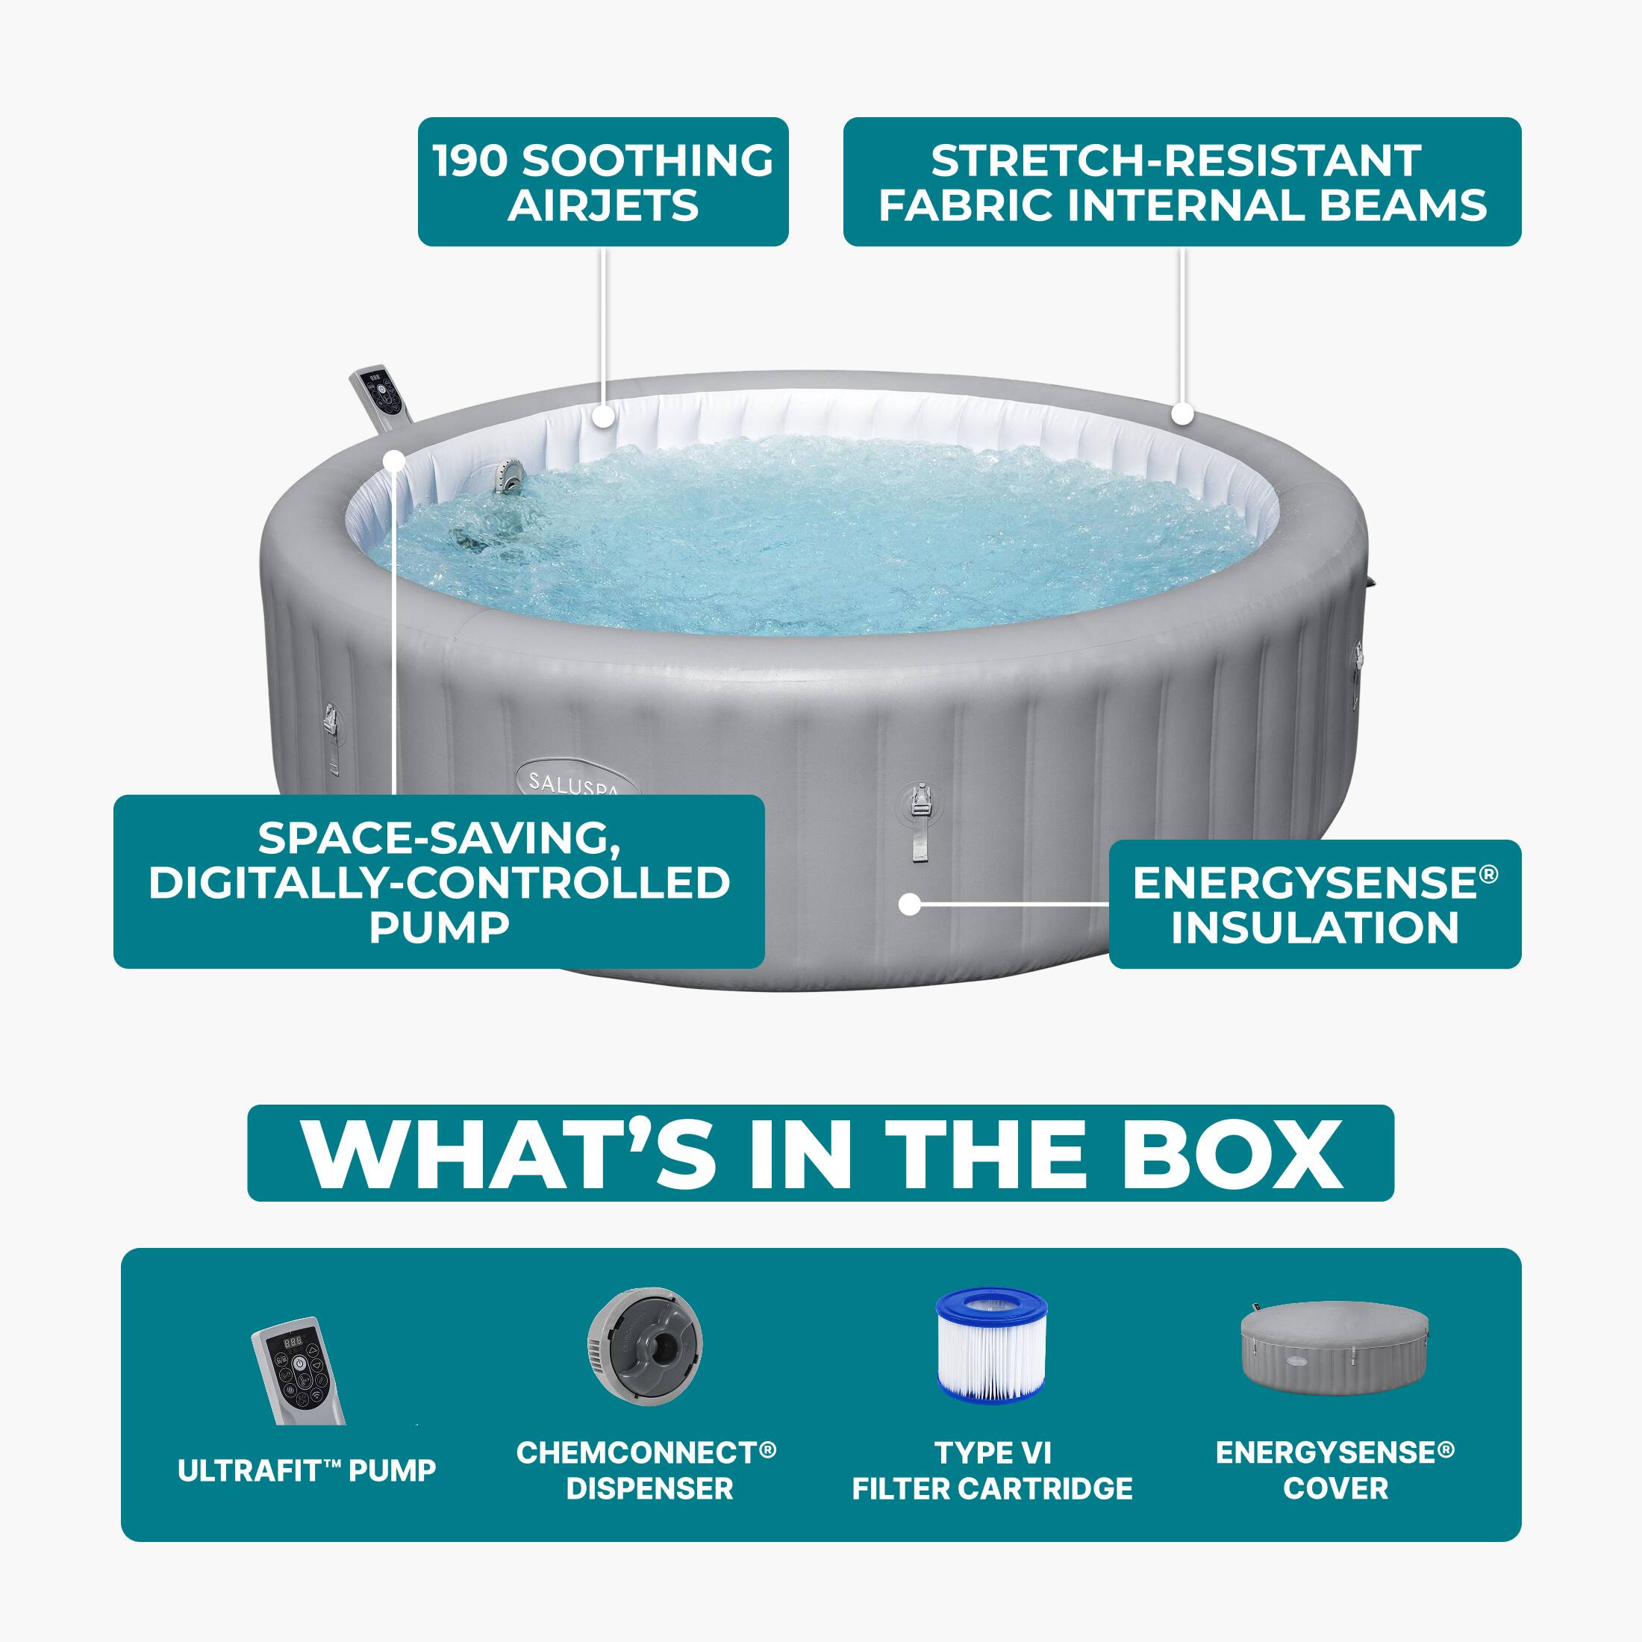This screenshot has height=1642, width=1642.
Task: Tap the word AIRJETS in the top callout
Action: tap(602, 206)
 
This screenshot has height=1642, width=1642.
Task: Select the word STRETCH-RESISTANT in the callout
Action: tap(1176, 160)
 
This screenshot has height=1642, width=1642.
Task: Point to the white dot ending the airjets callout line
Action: tap(602, 416)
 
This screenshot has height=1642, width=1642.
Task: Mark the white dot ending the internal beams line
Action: tap(1182, 414)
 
